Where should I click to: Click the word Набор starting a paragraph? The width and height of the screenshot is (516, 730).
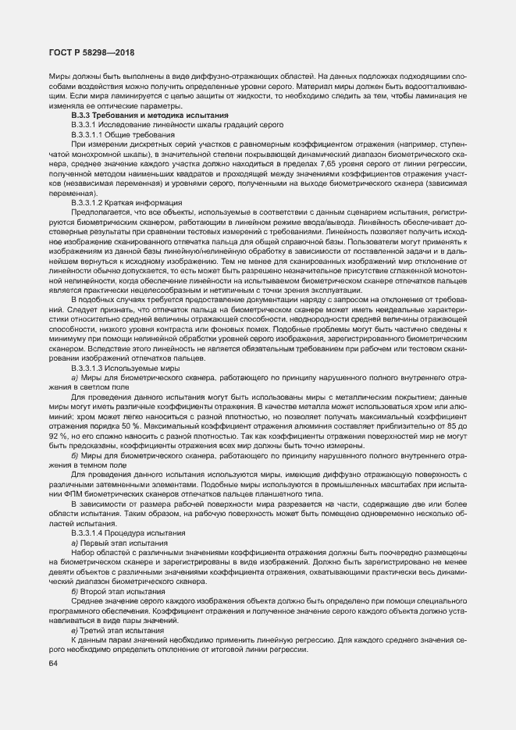85,552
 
